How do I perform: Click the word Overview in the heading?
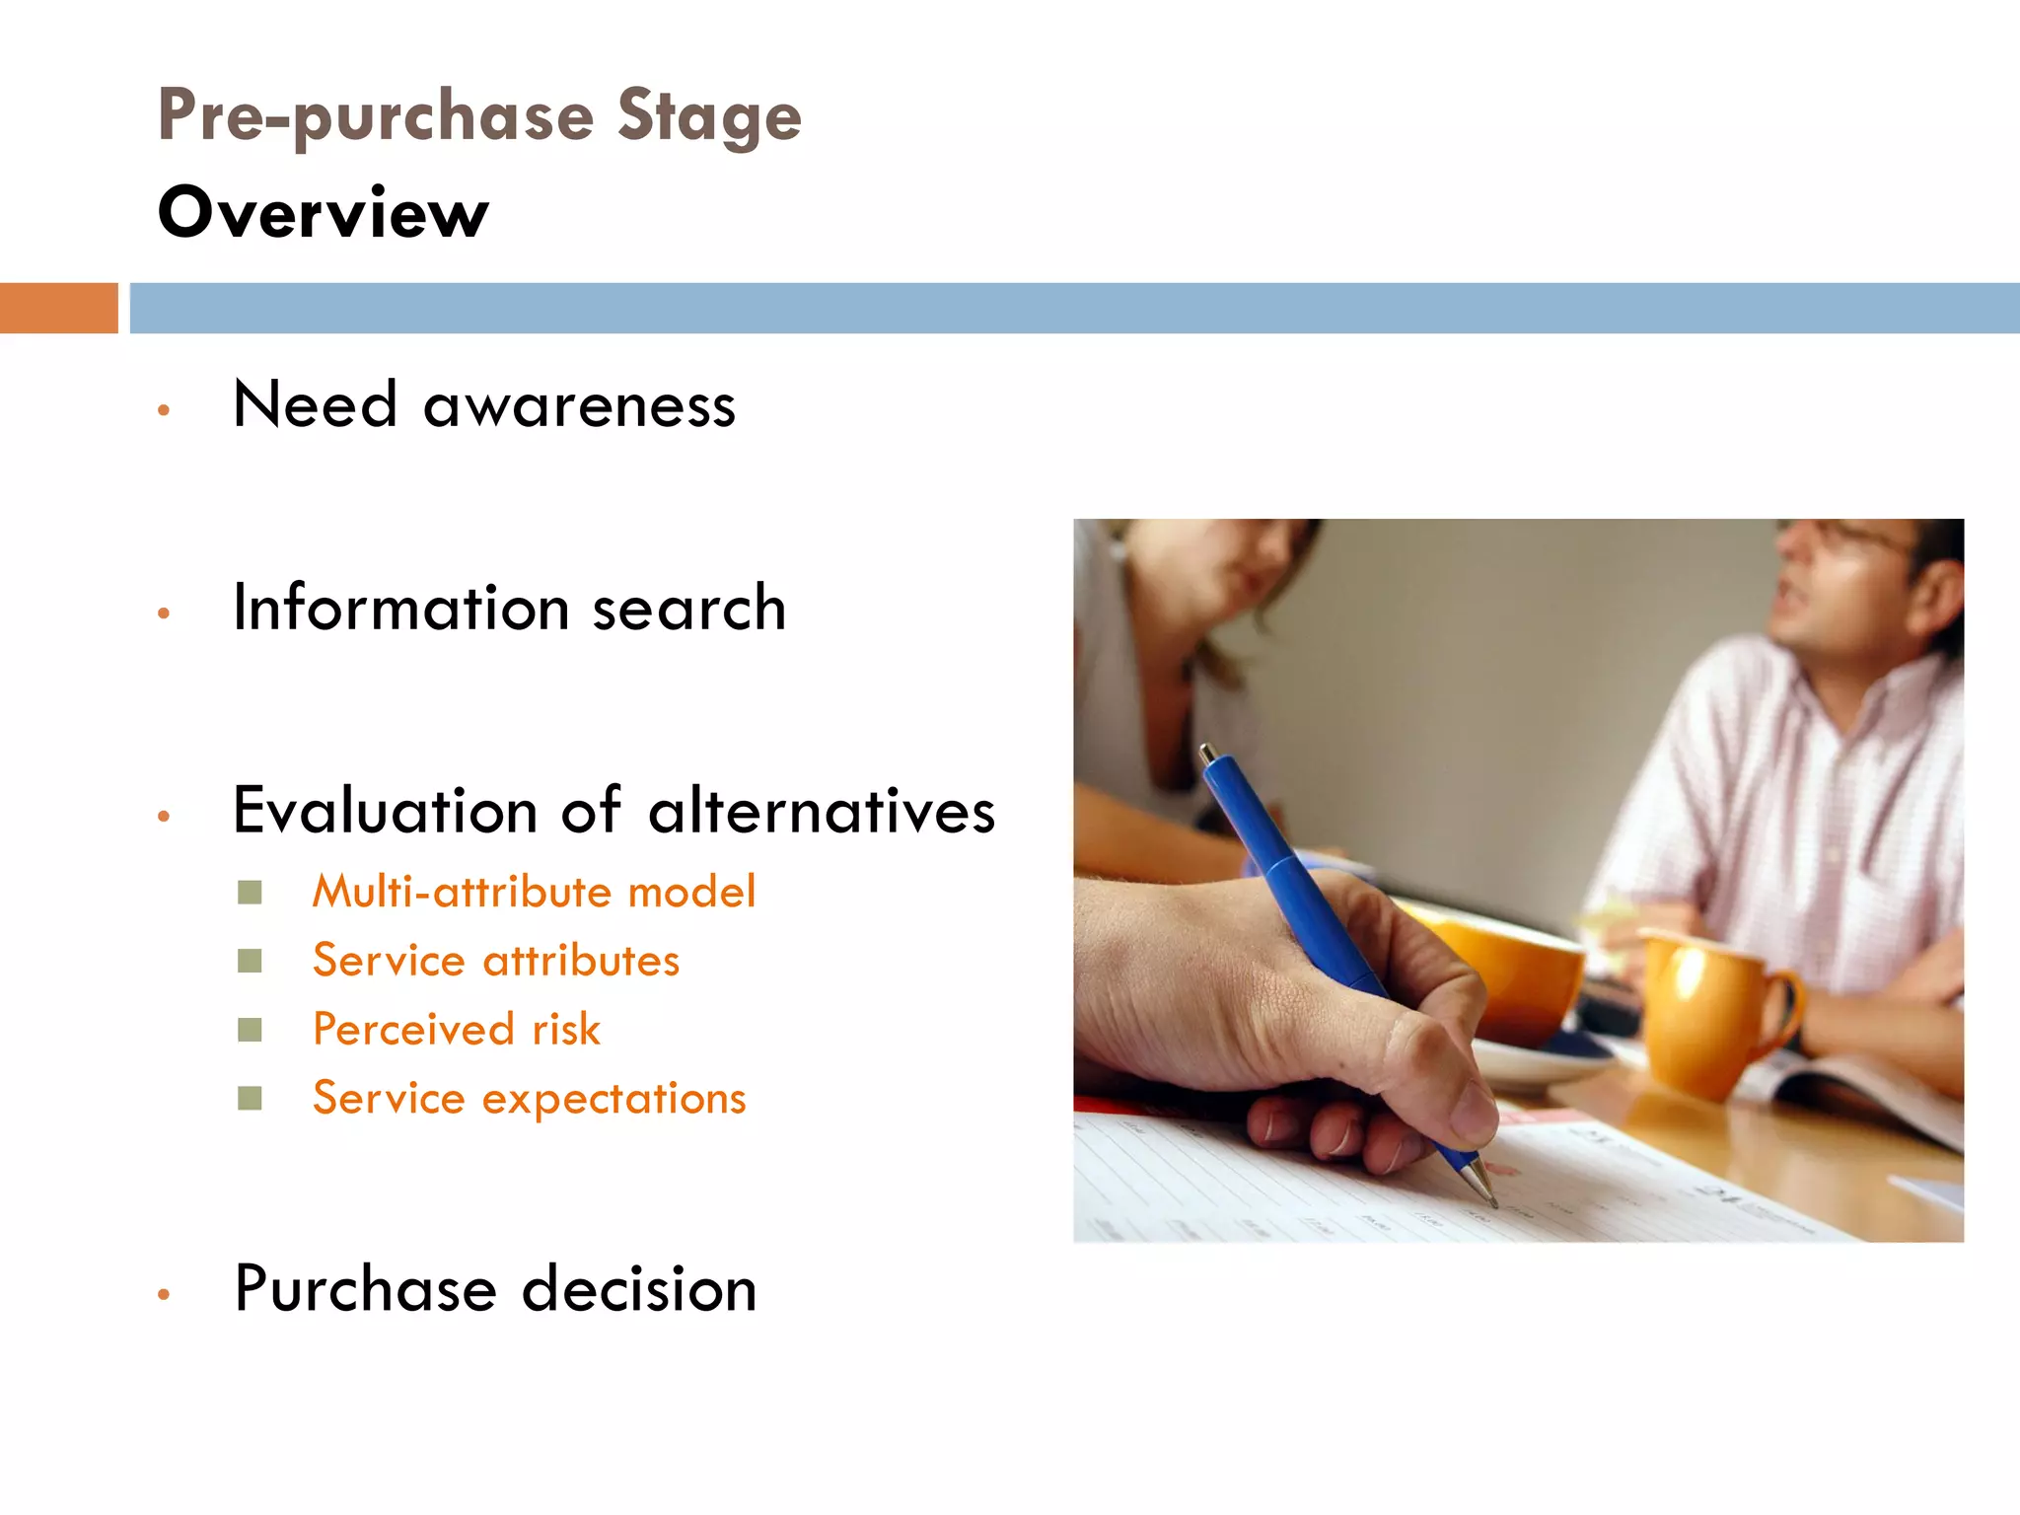point(323,213)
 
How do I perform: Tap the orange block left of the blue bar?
point(58,308)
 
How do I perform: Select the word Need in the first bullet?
point(315,404)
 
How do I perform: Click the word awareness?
point(579,406)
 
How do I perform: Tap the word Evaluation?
point(385,811)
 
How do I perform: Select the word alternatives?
point(821,811)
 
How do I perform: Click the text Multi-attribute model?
point(534,892)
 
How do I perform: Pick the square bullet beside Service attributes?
point(250,961)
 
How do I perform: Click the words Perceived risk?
point(456,1030)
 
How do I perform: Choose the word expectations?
point(613,1099)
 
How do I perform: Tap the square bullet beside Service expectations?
point(250,1098)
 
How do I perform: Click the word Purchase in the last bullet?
point(365,1289)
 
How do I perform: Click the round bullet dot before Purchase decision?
point(164,1294)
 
